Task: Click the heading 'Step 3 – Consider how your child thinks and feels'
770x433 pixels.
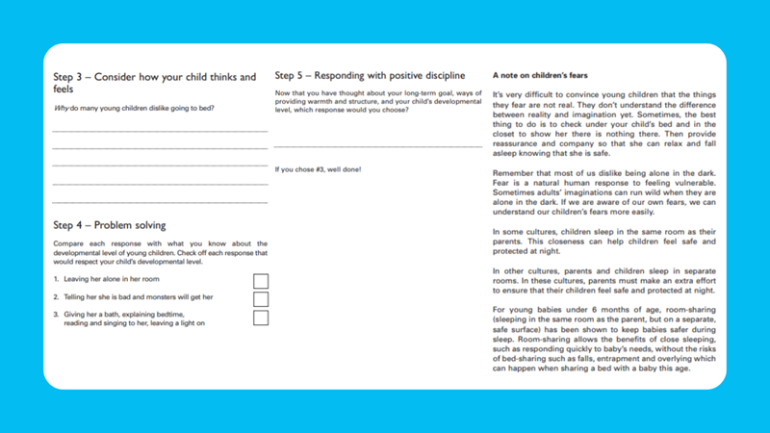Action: click(154, 83)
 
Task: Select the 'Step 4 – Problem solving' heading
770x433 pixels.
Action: click(109, 225)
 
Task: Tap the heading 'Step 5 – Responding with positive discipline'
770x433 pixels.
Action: click(370, 75)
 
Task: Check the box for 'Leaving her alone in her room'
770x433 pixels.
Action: click(260, 281)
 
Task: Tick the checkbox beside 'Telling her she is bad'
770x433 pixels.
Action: click(260, 299)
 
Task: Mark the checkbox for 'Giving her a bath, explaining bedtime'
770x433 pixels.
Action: click(260, 318)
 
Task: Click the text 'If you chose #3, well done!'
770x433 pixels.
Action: click(319, 169)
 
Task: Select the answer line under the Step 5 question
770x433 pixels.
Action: click(377, 146)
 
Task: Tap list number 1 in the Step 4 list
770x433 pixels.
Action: click(57, 279)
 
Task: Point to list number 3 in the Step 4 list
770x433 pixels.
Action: click(57, 315)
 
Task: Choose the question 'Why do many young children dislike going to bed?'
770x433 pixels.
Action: click(134, 108)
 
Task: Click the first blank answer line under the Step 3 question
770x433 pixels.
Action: click(160, 130)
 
